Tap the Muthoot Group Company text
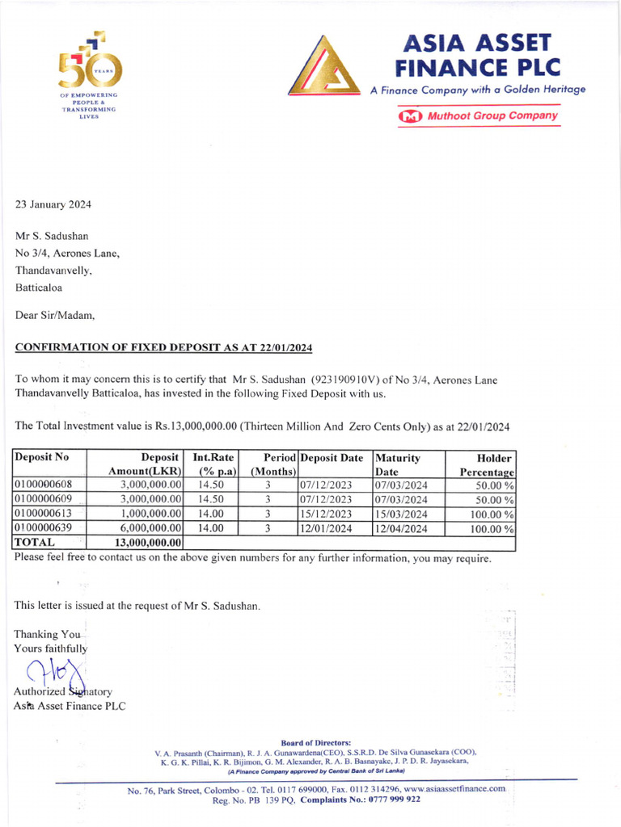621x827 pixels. (x=492, y=115)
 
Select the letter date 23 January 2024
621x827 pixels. (x=53, y=204)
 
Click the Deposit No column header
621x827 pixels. (x=42, y=458)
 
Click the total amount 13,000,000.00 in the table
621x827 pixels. (x=148, y=543)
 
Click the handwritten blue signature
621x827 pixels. (x=55, y=673)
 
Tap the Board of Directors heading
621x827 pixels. (x=315, y=742)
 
